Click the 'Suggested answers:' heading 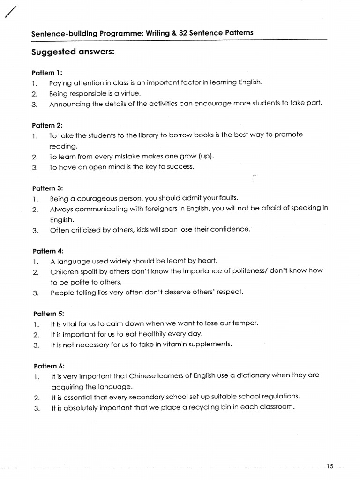tap(73, 52)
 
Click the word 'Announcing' tap(69, 104)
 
